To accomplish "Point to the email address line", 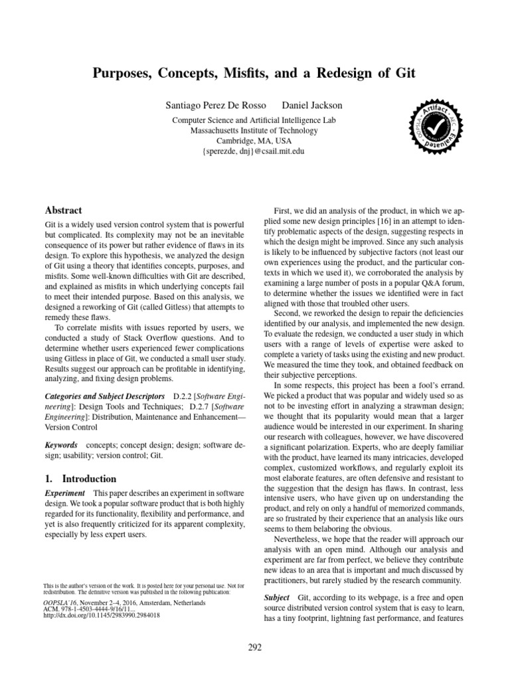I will [254, 151].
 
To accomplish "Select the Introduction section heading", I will [89, 479].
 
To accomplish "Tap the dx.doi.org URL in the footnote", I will [102, 616].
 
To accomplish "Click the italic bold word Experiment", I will [64, 493].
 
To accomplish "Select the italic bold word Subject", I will [277, 598].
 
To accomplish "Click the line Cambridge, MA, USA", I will [254, 140].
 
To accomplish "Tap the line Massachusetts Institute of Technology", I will [254, 130].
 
